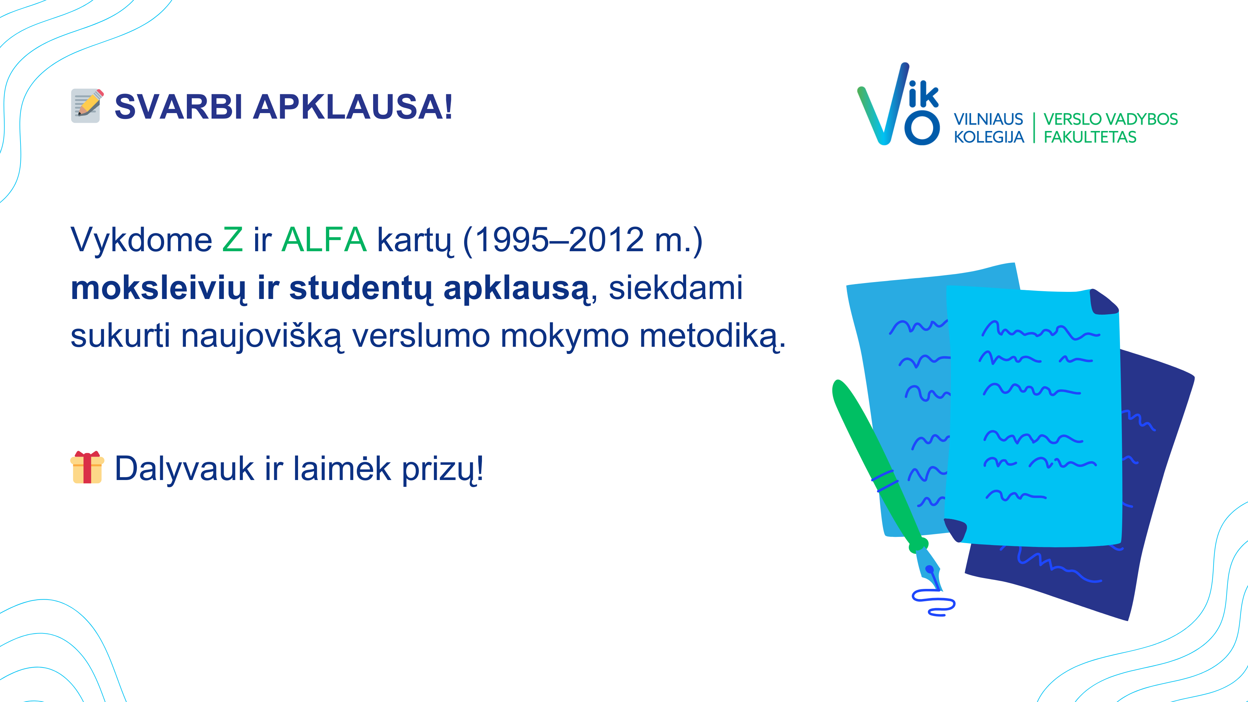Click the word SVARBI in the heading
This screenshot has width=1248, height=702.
[x=178, y=107]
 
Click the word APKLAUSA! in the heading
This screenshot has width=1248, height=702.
[x=353, y=107]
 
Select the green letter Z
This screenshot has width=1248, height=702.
[x=233, y=240]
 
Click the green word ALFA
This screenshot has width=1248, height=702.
[x=324, y=240]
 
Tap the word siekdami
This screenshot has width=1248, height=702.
[x=675, y=288]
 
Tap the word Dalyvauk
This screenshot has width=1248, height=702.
[x=184, y=469]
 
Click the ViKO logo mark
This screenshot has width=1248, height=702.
[x=898, y=104]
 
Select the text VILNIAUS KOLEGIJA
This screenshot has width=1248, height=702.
[x=989, y=128]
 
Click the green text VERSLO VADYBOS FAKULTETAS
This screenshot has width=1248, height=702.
[x=1111, y=128]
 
